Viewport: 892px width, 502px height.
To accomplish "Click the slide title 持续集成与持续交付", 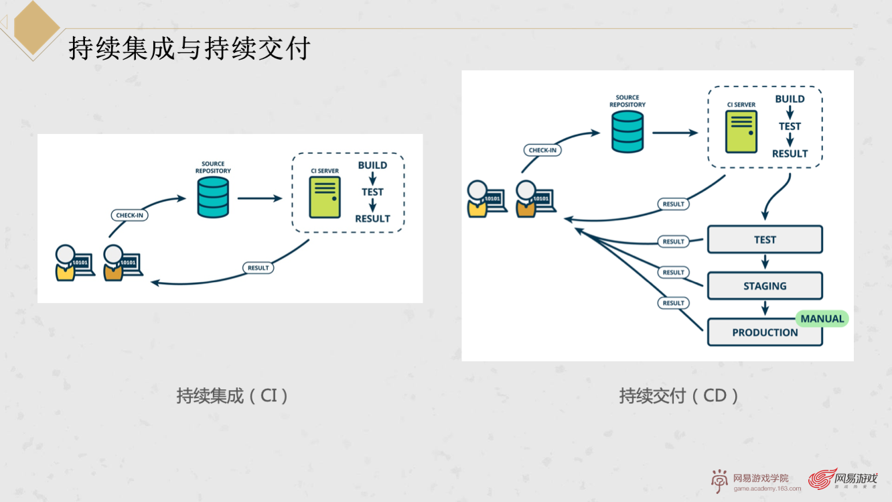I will [x=190, y=49].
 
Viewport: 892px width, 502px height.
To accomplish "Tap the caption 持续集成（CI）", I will [x=232, y=395].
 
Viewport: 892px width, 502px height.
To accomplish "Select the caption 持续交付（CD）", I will [x=679, y=395].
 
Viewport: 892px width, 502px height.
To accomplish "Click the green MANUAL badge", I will [x=822, y=319].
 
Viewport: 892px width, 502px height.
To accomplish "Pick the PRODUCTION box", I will [x=764, y=332].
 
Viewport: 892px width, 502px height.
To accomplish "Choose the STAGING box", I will [x=764, y=286].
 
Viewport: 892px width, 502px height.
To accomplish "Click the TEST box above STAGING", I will [x=764, y=240].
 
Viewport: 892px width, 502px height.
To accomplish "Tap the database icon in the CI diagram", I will [x=213, y=198].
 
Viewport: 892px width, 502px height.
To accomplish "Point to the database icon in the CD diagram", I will [x=627, y=131].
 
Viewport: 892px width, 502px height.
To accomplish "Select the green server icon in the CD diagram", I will [x=741, y=131].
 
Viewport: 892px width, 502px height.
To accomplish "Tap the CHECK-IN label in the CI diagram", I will [x=129, y=215].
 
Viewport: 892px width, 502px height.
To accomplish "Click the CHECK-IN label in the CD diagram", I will [x=542, y=150].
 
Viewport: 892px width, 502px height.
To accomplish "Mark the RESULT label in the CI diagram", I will [x=258, y=267].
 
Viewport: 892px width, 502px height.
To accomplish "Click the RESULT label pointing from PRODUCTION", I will [x=673, y=303].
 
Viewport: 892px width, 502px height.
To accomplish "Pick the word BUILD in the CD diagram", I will [x=790, y=99].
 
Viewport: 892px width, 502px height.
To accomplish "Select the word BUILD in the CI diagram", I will [x=372, y=166].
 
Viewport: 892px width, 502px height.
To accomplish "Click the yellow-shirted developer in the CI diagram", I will [x=66, y=263].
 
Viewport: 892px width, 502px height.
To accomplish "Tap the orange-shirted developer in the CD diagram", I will [x=526, y=200].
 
